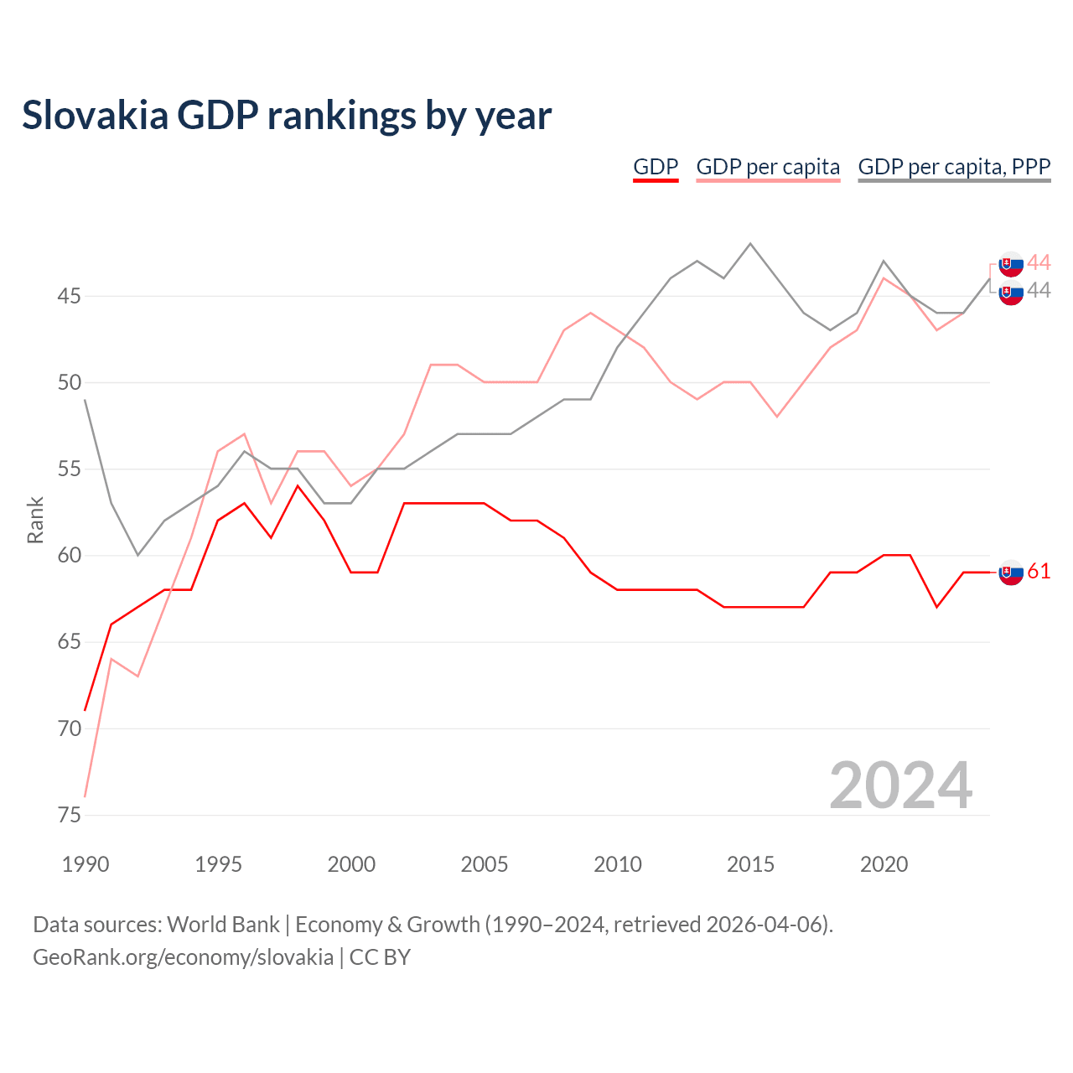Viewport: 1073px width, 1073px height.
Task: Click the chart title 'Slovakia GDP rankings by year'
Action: (x=287, y=116)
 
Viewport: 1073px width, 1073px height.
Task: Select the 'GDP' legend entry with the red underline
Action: (x=656, y=167)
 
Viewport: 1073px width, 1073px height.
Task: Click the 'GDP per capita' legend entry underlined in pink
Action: (x=768, y=167)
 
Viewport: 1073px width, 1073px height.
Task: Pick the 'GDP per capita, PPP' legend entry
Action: (x=954, y=167)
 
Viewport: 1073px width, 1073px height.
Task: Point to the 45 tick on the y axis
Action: (x=69, y=296)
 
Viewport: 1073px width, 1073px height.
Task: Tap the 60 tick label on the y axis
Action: (x=69, y=555)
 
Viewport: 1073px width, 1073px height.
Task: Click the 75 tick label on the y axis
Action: (x=69, y=815)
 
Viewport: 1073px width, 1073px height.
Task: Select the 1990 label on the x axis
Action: (x=86, y=864)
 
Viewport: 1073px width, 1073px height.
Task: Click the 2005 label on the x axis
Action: (x=485, y=864)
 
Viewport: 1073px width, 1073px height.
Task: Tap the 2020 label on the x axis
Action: (x=884, y=864)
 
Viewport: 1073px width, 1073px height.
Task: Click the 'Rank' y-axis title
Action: (x=35, y=520)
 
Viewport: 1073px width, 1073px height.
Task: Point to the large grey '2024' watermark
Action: (x=901, y=785)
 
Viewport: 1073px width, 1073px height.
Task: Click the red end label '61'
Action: (x=1039, y=572)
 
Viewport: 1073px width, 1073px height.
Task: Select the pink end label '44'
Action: (x=1039, y=262)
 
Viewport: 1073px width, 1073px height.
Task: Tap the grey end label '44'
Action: (x=1039, y=290)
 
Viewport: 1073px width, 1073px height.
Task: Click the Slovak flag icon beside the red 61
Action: (x=1011, y=573)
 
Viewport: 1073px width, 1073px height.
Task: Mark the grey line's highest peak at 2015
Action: (x=750, y=244)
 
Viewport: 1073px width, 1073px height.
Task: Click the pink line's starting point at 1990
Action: (x=86, y=796)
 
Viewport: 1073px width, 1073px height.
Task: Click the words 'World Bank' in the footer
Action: (x=223, y=925)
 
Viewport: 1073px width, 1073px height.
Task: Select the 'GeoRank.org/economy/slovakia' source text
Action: (x=184, y=958)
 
